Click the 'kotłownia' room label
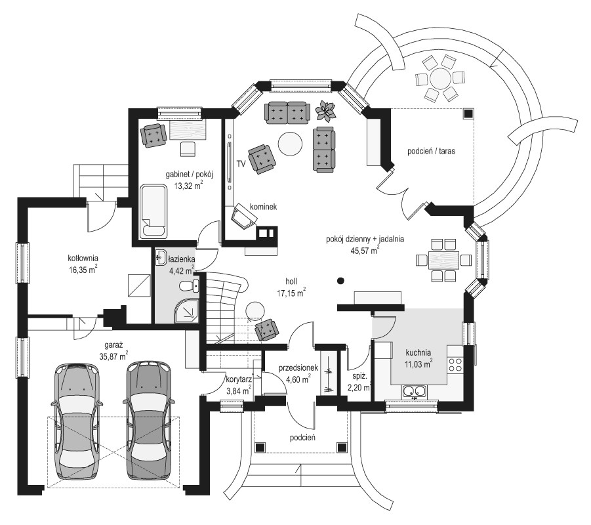point(83,259)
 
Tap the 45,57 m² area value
point(365,250)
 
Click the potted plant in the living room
point(325,111)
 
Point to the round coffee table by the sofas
point(290,143)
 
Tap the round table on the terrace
point(440,79)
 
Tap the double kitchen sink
point(415,392)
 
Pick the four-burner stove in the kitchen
point(455,364)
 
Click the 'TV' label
point(241,163)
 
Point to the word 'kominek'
point(264,207)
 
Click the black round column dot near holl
point(340,281)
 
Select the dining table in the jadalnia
point(443,260)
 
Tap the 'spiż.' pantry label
point(359,376)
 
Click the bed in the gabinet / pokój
point(153,211)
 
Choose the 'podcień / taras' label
point(431,151)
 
